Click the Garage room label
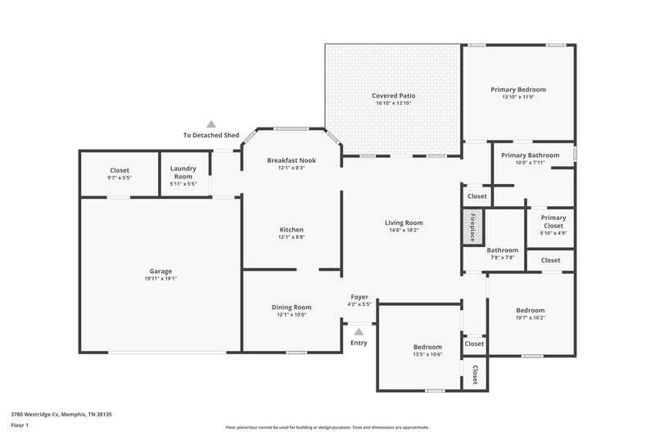tap(160, 271)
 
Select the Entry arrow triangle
tap(359, 331)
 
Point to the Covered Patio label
tap(392, 96)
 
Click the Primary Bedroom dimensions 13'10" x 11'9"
tap(518, 97)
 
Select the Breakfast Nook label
tap(291, 160)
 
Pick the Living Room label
tap(404, 222)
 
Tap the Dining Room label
tap(291, 307)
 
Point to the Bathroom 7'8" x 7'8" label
tap(502, 250)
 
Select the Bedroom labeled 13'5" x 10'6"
tap(427, 347)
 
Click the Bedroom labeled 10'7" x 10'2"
tap(530, 310)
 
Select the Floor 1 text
tap(20, 425)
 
